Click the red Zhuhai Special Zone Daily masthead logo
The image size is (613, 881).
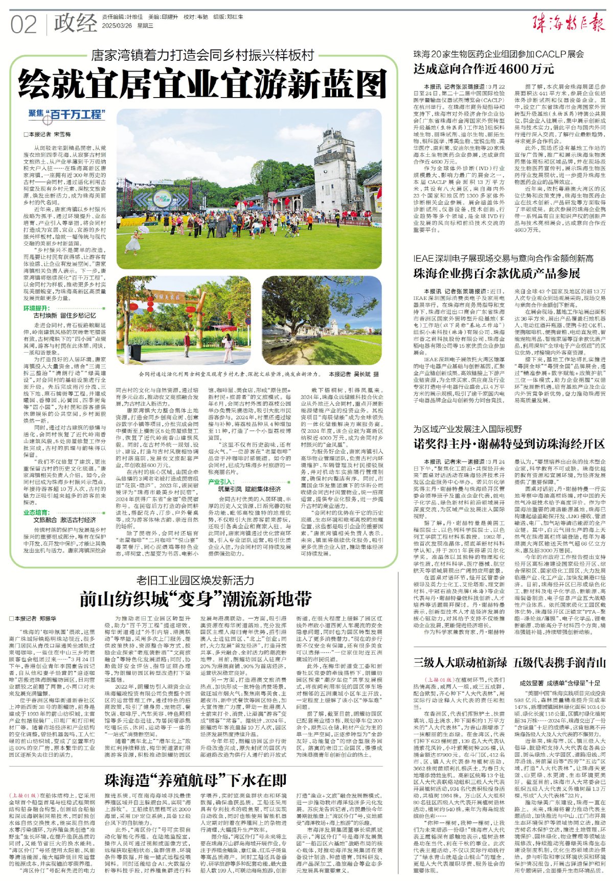click(x=569, y=24)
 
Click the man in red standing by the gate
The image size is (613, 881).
click(x=187, y=343)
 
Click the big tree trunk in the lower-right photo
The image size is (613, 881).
click(x=298, y=327)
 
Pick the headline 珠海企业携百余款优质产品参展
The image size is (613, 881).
click(x=496, y=273)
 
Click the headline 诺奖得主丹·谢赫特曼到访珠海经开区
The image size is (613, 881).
click(x=508, y=443)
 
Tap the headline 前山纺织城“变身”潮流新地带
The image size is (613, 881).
click(x=195, y=598)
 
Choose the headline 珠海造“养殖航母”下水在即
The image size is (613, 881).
click(x=195, y=779)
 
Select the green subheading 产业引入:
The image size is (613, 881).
click(x=221, y=481)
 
